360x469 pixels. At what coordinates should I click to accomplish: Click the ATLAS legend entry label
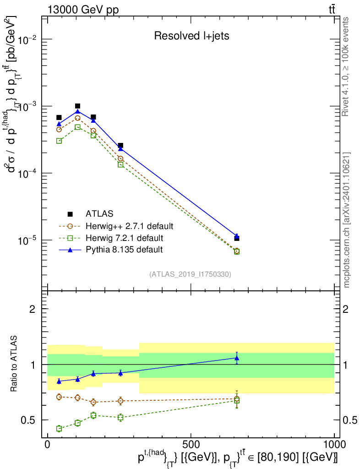tap(99, 214)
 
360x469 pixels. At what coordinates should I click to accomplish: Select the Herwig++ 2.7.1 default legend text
tap(129, 226)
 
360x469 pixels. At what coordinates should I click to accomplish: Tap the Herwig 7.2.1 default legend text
tap(125, 238)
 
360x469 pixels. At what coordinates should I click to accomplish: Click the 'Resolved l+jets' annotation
tap(191, 36)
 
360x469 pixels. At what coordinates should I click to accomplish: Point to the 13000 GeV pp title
tap(83, 10)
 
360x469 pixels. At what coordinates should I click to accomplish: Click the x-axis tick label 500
tap(191, 444)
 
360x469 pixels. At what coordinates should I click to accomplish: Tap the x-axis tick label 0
tap(48, 444)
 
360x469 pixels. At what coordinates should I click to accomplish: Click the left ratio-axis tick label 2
tap(32, 309)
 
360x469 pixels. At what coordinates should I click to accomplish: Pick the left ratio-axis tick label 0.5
tap(28, 420)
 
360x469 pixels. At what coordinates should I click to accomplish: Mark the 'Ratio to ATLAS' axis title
tap(14, 364)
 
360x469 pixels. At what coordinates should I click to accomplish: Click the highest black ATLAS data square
tap(77, 106)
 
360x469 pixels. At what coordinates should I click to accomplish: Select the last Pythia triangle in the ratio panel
tap(237, 358)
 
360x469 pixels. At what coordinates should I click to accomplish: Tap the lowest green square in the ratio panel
tap(59, 429)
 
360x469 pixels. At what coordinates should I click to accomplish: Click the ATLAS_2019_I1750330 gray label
tap(190, 274)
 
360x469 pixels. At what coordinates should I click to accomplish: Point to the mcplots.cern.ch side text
tap(346, 220)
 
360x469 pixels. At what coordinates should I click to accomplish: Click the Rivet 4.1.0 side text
tap(345, 67)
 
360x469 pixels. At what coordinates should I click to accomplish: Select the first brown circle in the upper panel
tap(59, 130)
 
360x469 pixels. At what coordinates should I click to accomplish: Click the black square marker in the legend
tap(70, 214)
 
